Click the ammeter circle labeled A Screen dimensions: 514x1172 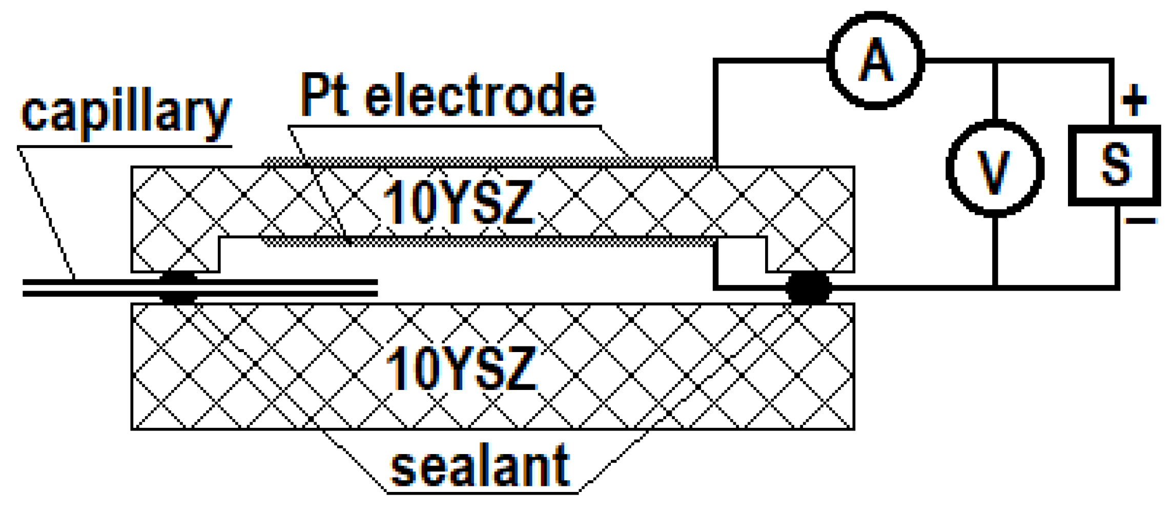tap(876, 60)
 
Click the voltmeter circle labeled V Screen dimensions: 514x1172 tap(995, 169)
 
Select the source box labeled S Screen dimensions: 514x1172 tap(1115, 165)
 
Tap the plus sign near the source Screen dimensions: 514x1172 tap(1134, 99)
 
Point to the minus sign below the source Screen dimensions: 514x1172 tap(1141, 221)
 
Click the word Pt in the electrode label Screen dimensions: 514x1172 tap(324, 95)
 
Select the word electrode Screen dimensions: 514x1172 tap(480, 95)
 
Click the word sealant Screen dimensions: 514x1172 tap(480, 466)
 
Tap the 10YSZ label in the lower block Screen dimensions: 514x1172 tap(460, 368)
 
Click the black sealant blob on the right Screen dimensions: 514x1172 tap(808, 288)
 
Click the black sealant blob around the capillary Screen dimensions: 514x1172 tap(178, 288)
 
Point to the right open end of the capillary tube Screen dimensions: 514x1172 tap(377, 288)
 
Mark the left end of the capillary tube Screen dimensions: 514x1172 tap(25, 288)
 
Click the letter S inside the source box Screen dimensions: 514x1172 tap(1115, 165)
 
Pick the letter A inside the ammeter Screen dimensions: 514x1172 tap(876, 60)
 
